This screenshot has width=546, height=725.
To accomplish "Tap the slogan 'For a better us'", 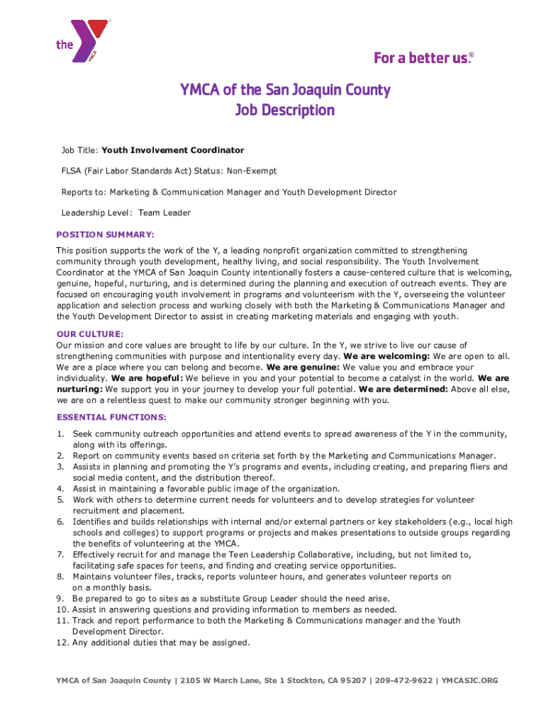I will (x=423, y=58).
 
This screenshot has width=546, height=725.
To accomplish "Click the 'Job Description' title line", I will (x=284, y=110).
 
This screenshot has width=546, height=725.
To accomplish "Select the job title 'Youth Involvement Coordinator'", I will (x=173, y=150).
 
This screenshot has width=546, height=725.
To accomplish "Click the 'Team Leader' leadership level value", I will (x=165, y=212).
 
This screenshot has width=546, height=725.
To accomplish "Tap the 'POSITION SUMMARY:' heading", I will (x=105, y=234).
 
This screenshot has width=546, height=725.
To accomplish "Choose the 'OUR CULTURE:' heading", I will (x=90, y=333).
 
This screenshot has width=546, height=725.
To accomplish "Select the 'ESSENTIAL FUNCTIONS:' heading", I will (x=111, y=417).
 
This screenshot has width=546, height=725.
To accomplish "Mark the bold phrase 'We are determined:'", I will (x=403, y=389).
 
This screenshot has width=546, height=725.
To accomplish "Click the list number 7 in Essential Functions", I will (x=61, y=554).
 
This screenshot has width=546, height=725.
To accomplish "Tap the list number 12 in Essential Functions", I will (x=62, y=643).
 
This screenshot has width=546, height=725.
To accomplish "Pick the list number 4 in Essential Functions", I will (x=61, y=489).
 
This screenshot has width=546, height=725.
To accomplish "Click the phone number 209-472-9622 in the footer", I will (x=403, y=681).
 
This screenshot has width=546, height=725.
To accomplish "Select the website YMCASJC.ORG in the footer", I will (x=469, y=681).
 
